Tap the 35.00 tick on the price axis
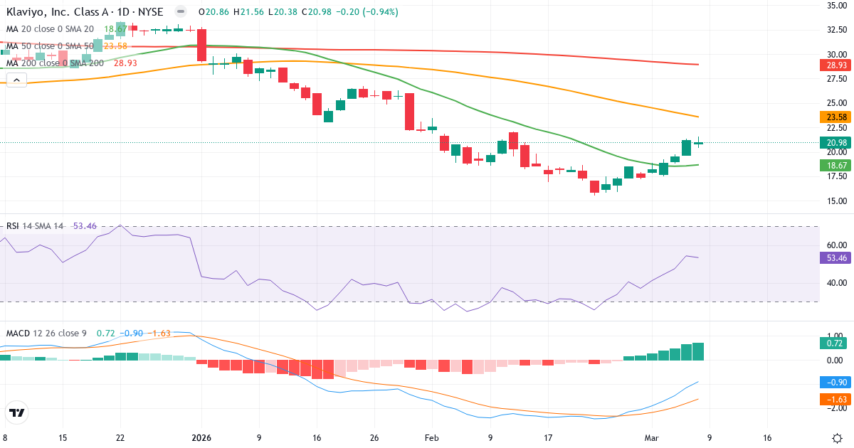[836, 6]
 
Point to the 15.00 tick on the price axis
[836, 201]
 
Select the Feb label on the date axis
[431, 437]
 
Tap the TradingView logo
[17, 412]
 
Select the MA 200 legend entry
[56, 63]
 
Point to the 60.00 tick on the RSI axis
[836, 245]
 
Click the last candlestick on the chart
[699, 143]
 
